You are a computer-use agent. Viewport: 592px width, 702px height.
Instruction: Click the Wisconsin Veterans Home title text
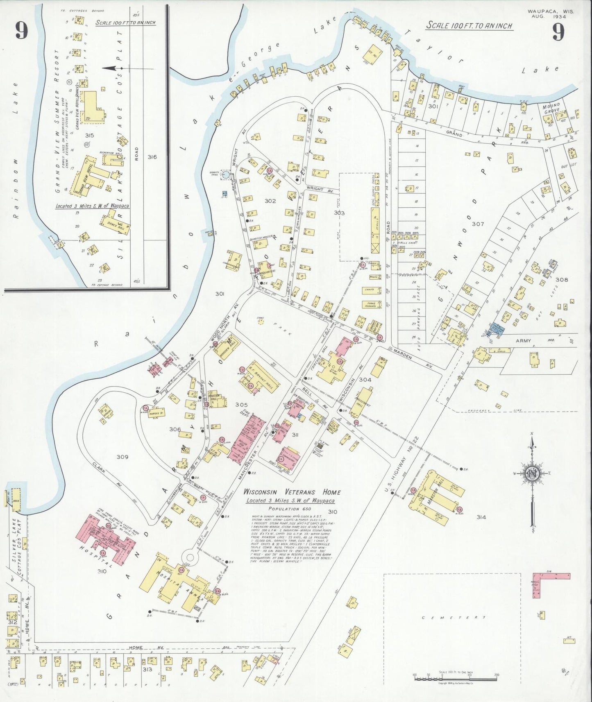[x=292, y=492]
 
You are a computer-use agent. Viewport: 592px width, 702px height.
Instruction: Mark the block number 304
[x=365, y=380]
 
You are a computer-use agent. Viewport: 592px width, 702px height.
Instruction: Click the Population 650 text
[x=290, y=508]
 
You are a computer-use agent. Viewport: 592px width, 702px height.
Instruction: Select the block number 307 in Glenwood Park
[x=478, y=224]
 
